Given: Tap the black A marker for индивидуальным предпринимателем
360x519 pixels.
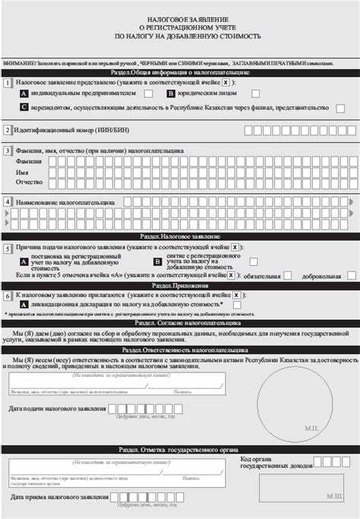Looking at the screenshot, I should pyautogui.click(x=24, y=93).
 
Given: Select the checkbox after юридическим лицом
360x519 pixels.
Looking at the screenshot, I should pyautogui.click(x=255, y=93).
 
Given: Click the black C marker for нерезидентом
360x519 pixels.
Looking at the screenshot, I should pyautogui.click(x=24, y=108).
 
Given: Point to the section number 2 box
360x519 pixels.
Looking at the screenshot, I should pyautogui.click(x=8, y=130).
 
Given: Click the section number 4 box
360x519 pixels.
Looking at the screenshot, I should pyautogui.click(x=8, y=202).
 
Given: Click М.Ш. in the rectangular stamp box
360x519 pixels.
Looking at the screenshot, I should pyautogui.click(x=335, y=495).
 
